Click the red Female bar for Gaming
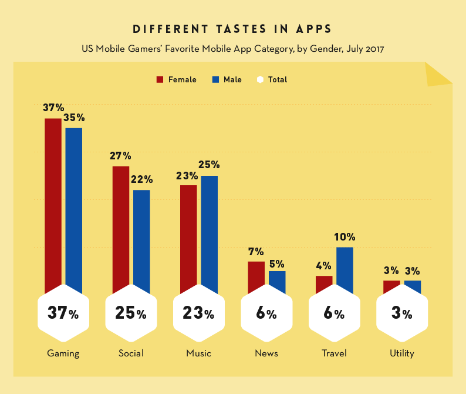click(x=53, y=200)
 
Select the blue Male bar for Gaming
click(x=74, y=206)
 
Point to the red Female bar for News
click(x=256, y=276)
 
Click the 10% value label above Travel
click(x=345, y=237)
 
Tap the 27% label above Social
click(x=120, y=156)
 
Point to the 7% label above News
click(x=256, y=251)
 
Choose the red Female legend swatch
click(x=160, y=79)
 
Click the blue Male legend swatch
click(x=215, y=79)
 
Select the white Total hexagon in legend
click(x=261, y=79)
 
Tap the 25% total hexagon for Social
click(x=131, y=313)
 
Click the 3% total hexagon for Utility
click(x=402, y=313)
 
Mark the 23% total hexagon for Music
click(x=198, y=313)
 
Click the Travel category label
click(x=334, y=353)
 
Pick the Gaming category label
click(x=63, y=353)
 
